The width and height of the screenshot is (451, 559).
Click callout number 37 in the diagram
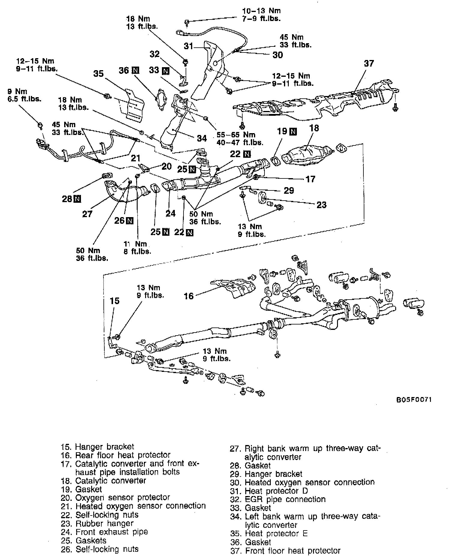point(369,63)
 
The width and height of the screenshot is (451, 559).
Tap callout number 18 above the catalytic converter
point(314,128)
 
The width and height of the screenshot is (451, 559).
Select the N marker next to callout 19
point(293,131)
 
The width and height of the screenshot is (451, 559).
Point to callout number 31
point(189,46)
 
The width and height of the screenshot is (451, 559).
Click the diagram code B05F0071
point(414,400)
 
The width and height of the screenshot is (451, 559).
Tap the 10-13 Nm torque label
point(261,11)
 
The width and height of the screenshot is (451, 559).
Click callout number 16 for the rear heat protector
point(189,296)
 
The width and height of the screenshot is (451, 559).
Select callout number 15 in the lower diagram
point(115,301)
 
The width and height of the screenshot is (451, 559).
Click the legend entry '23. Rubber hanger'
point(104,523)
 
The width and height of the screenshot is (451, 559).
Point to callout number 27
point(87,214)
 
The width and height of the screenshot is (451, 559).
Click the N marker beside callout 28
point(77,199)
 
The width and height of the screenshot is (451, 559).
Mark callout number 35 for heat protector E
point(98,73)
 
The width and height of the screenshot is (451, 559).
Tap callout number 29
point(289,190)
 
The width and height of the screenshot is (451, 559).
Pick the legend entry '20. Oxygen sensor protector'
point(122,497)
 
